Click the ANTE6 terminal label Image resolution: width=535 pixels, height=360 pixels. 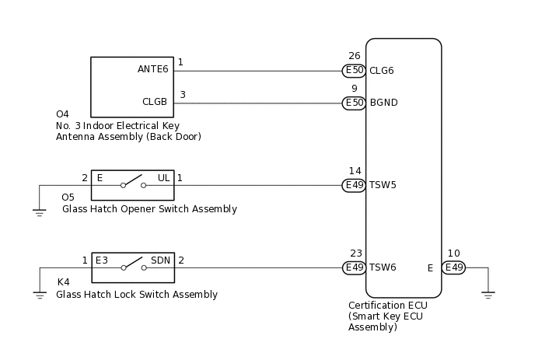coord(152,69)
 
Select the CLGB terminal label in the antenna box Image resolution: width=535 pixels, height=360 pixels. coord(155,101)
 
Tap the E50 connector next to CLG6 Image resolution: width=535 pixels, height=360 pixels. coord(354,71)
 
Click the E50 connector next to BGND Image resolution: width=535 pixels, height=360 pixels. coord(354,103)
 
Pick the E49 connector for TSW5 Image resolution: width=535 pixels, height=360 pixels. coord(354,185)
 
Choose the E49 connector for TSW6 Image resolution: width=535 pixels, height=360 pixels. coord(354,267)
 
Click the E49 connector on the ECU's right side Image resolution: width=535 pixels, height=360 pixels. coord(453,267)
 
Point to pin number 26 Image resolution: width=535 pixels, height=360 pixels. coord(355,56)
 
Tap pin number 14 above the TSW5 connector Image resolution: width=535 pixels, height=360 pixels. coord(355,170)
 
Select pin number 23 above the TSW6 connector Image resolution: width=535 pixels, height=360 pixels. coord(355,253)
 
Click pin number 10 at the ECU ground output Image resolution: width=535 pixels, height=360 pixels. coord(453,253)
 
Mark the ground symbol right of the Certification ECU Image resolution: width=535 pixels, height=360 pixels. coord(488,294)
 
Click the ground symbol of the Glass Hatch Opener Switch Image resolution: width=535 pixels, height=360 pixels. coord(40,211)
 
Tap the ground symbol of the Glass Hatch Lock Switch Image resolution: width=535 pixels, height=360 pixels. coord(40,294)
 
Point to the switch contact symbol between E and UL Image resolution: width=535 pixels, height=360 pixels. coord(132,184)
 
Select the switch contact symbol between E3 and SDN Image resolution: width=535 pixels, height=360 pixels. coord(132,267)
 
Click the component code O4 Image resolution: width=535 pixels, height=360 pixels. coord(62,114)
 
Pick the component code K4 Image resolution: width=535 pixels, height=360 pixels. coord(63,282)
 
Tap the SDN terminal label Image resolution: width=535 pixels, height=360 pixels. coord(160,260)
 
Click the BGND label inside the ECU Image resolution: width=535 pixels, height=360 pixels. coord(383,103)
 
